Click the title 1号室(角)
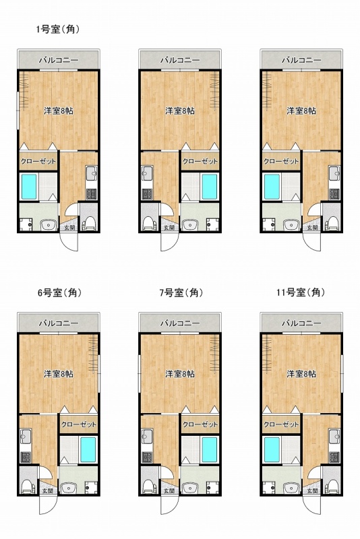click(x=58, y=30)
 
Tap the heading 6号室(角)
click(x=59, y=292)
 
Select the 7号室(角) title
click(x=181, y=292)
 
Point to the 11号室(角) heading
click(x=301, y=292)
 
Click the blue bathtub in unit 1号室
click(x=29, y=187)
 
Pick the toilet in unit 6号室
click(x=28, y=486)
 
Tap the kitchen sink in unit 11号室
click(x=334, y=437)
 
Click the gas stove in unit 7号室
click(x=147, y=457)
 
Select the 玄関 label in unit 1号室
click(x=68, y=228)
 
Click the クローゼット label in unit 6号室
click(x=78, y=424)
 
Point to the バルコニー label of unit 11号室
click(x=301, y=323)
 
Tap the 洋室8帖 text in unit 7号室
click(x=180, y=374)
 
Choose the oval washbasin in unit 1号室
click(x=49, y=225)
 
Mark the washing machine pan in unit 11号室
click(x=268, y=487)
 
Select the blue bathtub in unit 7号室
click(x=210, y=449)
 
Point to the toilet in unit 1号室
click(x=90, y=223)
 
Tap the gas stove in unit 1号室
click(x=92, y=194)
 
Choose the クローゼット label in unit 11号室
click(x=281, y=424)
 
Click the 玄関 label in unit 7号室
click(x=169, y=490)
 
